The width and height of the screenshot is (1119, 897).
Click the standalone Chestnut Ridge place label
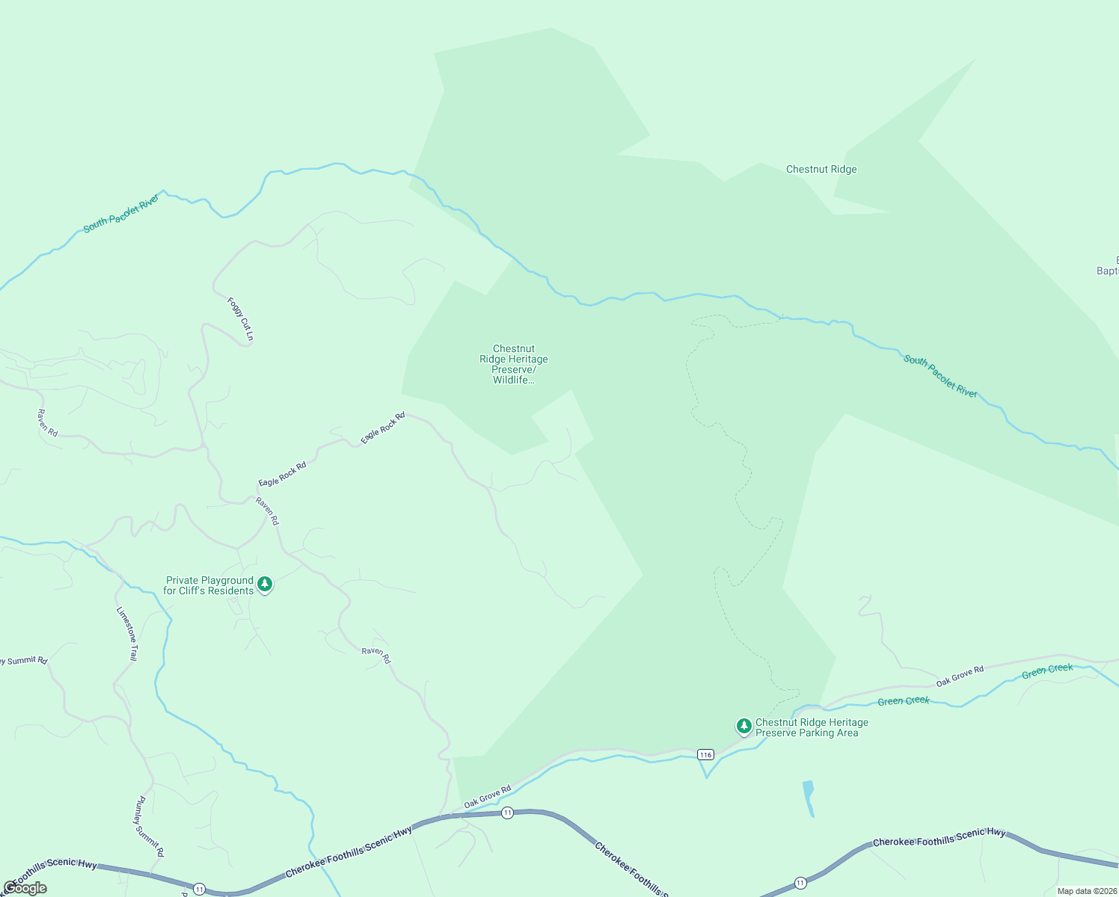tap(821, 170)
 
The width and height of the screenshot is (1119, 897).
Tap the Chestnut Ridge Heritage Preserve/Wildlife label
tap(514, 364)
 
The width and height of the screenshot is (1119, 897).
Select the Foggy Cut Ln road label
tap(241, 319)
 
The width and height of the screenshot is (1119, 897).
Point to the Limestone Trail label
tap(127, 633)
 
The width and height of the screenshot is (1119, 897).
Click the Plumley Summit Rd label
tap(150, 826)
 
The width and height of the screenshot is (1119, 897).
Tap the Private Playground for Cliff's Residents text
tap(209, 585)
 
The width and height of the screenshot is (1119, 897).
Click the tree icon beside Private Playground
tap(265, 584)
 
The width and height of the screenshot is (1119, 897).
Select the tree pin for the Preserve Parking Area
tap(744, 726)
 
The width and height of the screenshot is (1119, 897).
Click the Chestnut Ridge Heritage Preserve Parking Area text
tap(812, 727)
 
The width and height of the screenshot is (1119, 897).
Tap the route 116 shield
tap(705, 754)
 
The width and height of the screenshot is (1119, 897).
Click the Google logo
tap(25, 888)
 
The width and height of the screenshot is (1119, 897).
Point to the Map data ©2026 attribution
tap(1087, 891)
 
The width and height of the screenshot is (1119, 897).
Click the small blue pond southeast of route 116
tap(808, 797)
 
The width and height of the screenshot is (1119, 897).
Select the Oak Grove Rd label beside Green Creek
tap(960, 676)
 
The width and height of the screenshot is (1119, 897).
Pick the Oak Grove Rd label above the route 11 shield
tap(487, 797)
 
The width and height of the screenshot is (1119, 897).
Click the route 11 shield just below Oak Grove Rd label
tap(508, 813)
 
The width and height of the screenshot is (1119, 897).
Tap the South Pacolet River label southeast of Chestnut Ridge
tap(940, 376)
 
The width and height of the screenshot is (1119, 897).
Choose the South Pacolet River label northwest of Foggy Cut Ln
tap(121, 213)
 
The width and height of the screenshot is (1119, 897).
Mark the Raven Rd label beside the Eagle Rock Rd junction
tap(267, 511)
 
